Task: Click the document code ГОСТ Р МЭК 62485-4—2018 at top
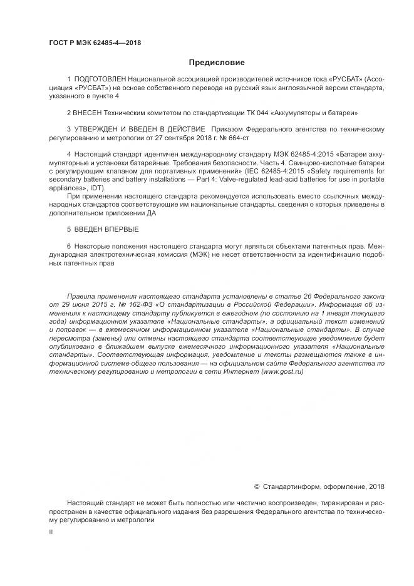[95, 43]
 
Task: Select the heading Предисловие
[217, 63]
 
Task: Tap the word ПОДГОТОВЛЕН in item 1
[100, 80]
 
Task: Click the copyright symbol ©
[257, 486]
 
